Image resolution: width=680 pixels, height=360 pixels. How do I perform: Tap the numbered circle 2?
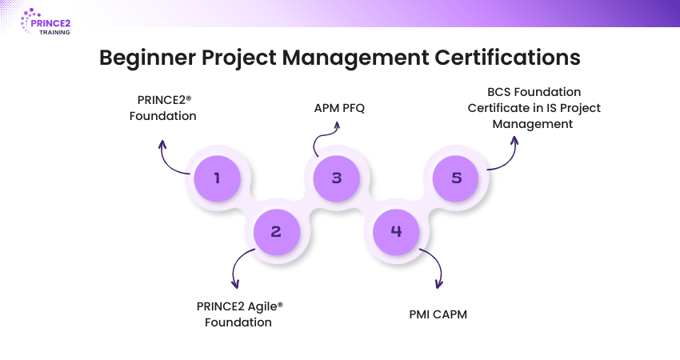pyautogui.click(x=276, y=232)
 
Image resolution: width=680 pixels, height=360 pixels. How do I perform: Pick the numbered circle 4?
pyautogui.click(x=397, y=232)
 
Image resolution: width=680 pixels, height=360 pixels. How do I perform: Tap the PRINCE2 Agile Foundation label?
pyautogui.click(x=240, y=314)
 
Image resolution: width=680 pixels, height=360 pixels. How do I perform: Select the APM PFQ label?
pyautogui.click(x=338, y=108)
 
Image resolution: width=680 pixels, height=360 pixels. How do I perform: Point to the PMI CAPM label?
pyautogui.click(x=438, y=314)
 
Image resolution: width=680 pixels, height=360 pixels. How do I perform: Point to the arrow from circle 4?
pyautogui.click(x=433, y=268)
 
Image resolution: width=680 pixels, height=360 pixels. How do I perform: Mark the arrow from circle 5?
pyautogui.click(x=504, y=152)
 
